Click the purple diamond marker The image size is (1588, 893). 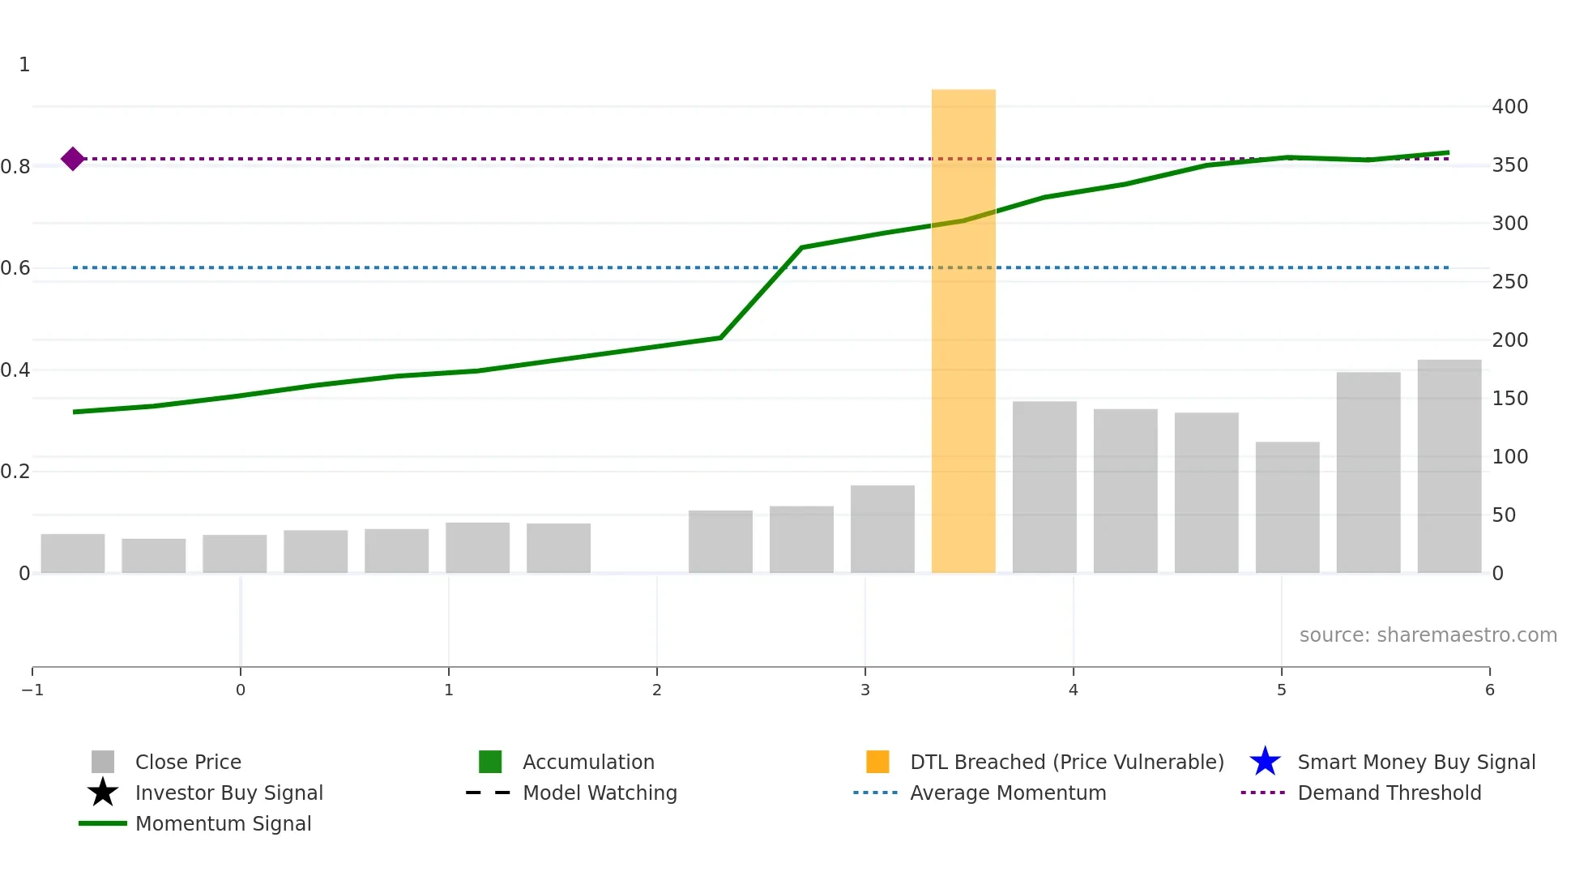[x=73, y=159]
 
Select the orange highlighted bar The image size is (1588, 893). [x=963, y=331]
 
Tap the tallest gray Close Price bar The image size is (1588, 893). [x=1449, y=466]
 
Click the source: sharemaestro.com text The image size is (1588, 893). [x=1428, y=635]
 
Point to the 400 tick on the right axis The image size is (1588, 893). [x=1509, y=107]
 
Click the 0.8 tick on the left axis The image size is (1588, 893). [x=16, y=167]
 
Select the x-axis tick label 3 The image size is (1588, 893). [x=865, y=690]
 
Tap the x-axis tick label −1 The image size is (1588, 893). [x=32, y=690]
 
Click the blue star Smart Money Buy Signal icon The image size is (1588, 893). [x=1265, y=762]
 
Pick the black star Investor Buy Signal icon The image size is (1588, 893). [x=103, y=793]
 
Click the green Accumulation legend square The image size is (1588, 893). [x=490, y=762]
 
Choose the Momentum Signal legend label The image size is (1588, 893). [x=223, y=823]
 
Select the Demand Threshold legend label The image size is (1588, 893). [x=1389, y=793]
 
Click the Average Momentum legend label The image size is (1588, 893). [x=1008, y=793]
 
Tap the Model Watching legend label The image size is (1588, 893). [x=600, y=793]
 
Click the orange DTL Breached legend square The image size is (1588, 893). [x=877, y=762]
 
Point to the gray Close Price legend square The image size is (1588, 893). [x=103, y=762]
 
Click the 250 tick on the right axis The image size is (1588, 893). [x=1509, y=282]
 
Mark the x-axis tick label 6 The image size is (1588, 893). [x=1489, y=690]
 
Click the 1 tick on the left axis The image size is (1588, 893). [x=24, y=65]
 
